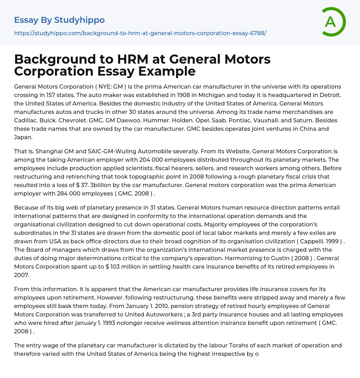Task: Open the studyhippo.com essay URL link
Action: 140,33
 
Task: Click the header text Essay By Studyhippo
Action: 59,20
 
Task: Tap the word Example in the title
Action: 167,71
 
